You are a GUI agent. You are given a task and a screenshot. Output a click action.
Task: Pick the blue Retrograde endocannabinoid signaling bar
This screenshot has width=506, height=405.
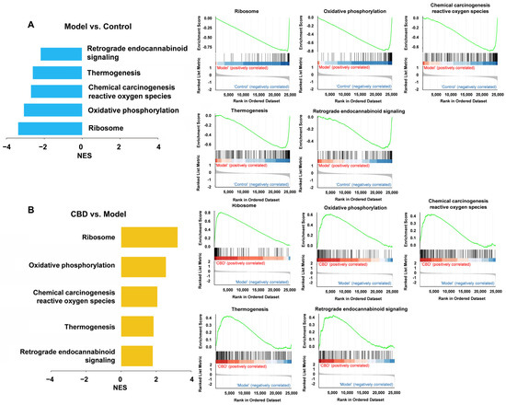tap(61, 53)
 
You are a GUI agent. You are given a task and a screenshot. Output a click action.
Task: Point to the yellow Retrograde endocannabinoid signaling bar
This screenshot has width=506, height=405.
tap(136, 354)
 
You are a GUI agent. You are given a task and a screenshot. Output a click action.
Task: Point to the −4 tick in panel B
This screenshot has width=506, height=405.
tap(49, 378)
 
